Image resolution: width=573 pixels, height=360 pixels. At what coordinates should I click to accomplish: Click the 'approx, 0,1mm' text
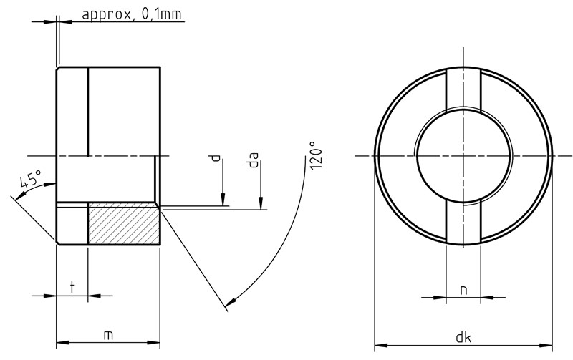point(132,14)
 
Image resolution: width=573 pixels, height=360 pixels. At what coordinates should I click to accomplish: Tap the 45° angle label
point(30,180)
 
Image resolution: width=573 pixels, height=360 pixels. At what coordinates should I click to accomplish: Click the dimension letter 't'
point(72,286)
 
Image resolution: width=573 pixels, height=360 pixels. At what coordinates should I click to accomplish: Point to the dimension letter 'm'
point(108,335)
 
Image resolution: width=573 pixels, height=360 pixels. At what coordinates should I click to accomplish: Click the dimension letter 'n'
point(463,290)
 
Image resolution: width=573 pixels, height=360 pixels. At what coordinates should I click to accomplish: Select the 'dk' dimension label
point(463,337)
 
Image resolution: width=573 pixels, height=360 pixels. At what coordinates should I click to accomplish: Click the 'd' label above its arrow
point(216,158)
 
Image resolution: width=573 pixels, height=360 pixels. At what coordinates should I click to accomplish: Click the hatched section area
point(124,223)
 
